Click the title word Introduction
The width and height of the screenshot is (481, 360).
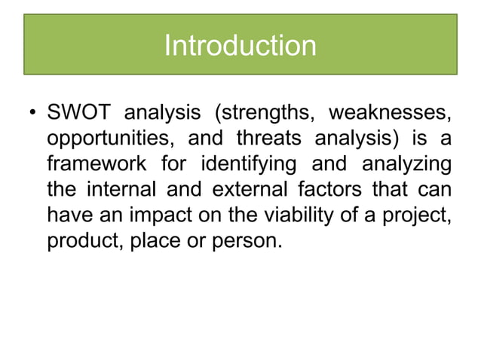[240, 46]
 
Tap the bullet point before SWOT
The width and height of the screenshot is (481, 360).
[32, 115]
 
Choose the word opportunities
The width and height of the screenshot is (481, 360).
[106, 140]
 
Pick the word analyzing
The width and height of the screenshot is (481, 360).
[397, 164]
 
